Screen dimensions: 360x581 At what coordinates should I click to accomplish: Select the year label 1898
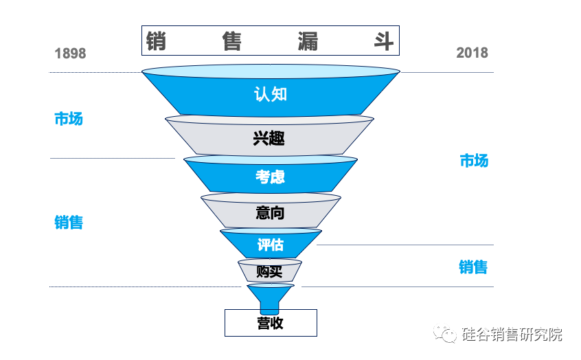coord(70,54)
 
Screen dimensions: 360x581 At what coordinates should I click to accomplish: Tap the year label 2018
coord(472,53)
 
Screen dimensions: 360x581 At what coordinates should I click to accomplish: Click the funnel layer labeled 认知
coord(270,94)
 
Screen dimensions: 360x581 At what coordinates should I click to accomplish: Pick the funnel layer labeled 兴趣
coord(269,138)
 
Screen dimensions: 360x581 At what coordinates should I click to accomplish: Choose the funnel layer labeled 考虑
coord(270,177)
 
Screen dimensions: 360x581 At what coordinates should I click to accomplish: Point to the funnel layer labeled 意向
coord(270,213)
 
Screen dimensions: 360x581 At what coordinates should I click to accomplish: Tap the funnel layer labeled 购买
coord(269,271)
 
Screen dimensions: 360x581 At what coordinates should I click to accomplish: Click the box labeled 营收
coord(271,323)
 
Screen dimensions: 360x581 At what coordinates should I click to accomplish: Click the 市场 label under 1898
coord(68,119)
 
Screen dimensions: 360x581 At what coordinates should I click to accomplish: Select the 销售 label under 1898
coord(68,223)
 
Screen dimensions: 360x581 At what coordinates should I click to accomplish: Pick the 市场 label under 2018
coord(473,161)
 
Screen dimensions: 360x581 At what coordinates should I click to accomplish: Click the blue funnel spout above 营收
coord(270,297)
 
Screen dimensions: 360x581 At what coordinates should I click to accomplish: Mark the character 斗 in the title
coord(382,41)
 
